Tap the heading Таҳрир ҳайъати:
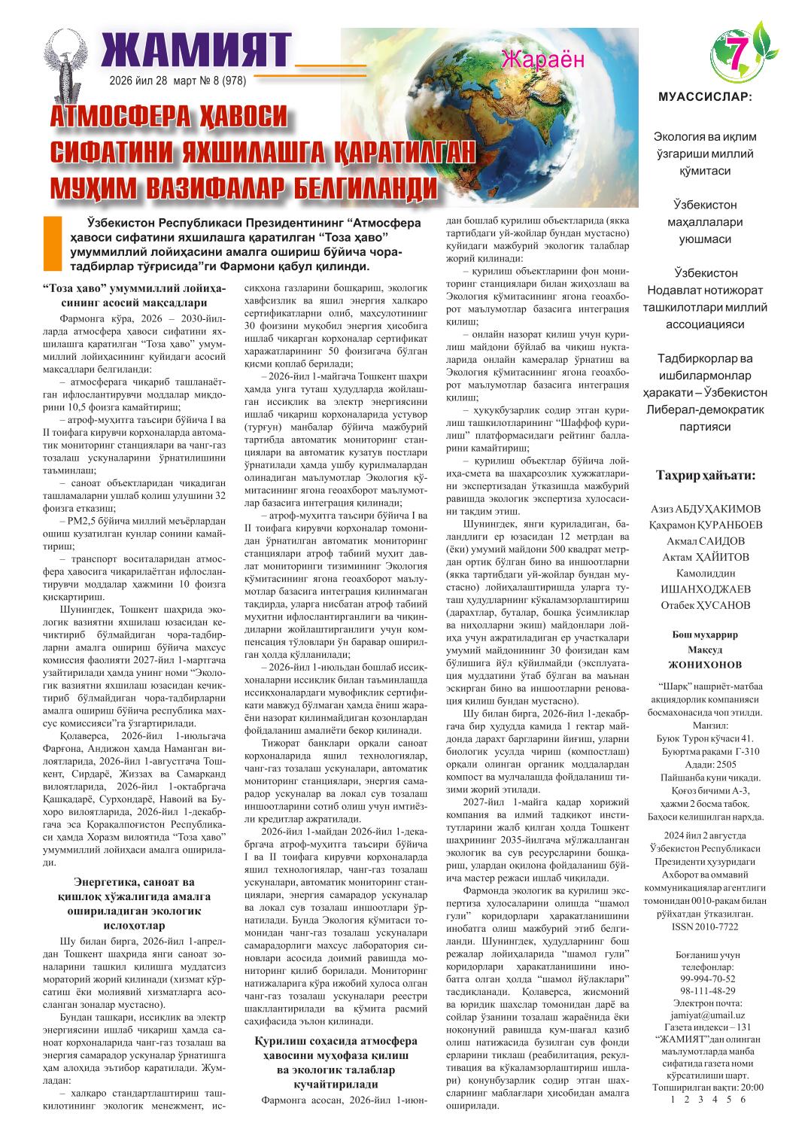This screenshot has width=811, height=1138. (x=706, y=476)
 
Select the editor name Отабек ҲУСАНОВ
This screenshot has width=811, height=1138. (x=706, y=605)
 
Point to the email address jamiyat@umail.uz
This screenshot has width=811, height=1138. (x=706, y=1015)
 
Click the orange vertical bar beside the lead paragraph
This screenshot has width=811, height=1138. (x=52, y=244)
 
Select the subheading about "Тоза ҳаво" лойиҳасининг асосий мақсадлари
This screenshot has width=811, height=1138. (x=134, y=294)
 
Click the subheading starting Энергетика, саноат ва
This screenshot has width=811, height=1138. (x=134, y=903)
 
